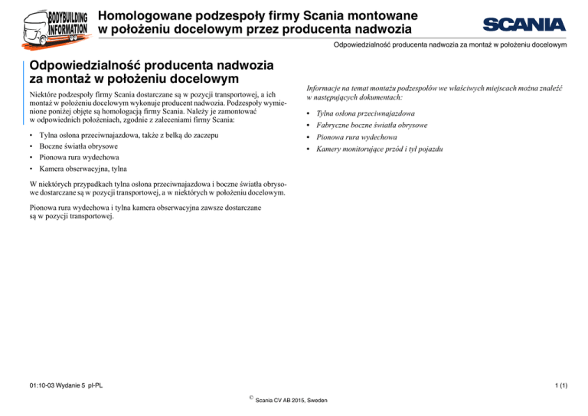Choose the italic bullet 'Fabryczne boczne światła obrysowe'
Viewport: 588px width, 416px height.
point(376,124)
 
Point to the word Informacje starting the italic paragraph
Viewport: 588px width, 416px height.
point(327,89)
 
